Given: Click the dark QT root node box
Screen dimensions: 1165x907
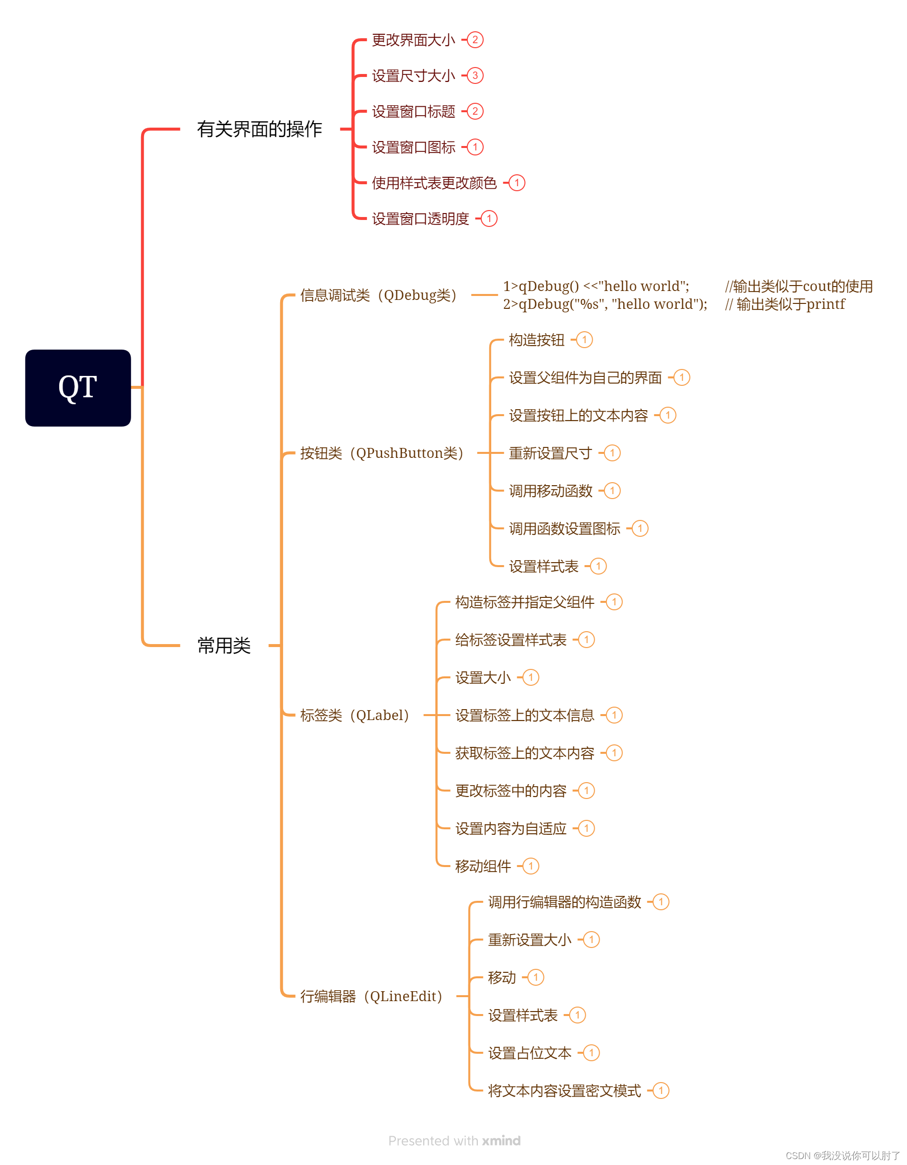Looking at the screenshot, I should (x=78, y=388).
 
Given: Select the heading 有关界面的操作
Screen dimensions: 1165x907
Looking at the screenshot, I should (x=259, y=129).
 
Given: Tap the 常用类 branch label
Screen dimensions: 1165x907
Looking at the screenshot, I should (x=224, y=646).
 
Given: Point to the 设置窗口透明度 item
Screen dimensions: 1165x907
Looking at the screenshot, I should (x=420, y=218).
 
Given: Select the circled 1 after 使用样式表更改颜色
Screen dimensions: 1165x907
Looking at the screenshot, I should (x=517, y=183).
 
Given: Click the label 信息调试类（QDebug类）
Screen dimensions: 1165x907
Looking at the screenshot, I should (x=378, y=295).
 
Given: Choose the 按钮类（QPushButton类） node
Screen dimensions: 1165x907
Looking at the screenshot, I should (x=381, y=453).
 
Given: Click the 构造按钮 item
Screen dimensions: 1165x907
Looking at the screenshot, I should (x=536, y=340).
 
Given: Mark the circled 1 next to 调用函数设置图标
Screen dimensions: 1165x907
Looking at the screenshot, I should (x=640, y=529).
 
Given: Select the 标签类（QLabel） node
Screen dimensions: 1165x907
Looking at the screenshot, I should (x=355, y=715).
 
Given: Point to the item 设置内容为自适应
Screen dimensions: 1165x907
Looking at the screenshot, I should (x=511, y=828).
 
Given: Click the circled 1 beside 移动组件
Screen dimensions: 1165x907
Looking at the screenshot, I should (x=530, y=866).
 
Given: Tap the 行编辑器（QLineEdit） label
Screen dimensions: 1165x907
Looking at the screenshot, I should (x=372, y=996).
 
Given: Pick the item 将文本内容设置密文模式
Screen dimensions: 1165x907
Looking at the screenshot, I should (x=564, y=1091).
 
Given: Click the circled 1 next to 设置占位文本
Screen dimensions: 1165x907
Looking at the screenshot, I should (x=591, y=1053).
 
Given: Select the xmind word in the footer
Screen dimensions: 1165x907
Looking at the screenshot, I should (x=501, y=1141).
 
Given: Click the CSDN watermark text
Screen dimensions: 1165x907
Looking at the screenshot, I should (x=843, y=1156).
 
